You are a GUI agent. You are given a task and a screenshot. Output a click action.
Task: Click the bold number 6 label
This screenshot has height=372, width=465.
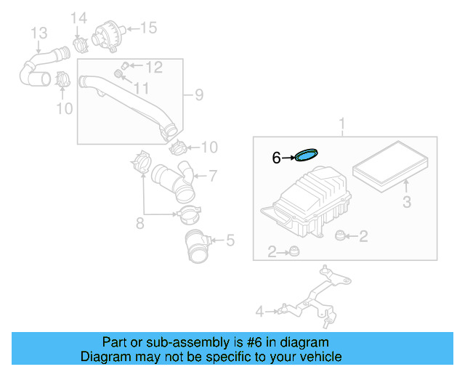click(275, 158)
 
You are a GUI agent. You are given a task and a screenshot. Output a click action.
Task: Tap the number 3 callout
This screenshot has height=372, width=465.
click(407, 201)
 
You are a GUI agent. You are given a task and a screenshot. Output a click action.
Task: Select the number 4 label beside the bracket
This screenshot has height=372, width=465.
click(259, 312)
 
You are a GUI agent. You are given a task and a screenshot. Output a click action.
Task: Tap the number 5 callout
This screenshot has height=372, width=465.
click(230, 238)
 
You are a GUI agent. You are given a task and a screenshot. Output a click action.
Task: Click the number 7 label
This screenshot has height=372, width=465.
click(213, 175)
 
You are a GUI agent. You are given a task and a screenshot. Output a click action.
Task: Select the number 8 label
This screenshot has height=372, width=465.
click(139, 223)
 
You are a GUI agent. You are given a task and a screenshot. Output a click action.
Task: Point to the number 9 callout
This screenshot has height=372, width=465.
click(198, 94)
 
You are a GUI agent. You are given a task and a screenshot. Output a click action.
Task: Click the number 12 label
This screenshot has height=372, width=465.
click(153, 68)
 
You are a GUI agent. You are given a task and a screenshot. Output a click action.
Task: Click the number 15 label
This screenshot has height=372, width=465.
click(147, 28)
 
